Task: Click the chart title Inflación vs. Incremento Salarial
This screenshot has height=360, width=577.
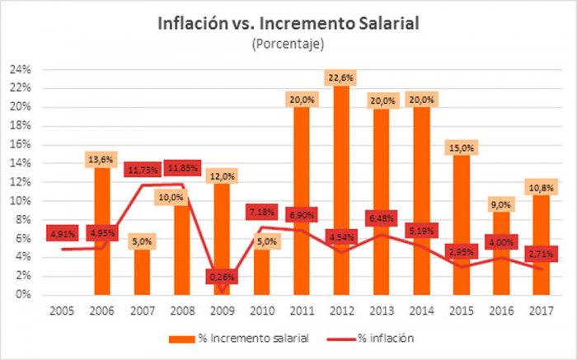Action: pos(288,23)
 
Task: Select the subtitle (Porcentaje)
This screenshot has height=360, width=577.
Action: pos(288,43)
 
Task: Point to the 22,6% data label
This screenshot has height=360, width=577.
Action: pos(342,79)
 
